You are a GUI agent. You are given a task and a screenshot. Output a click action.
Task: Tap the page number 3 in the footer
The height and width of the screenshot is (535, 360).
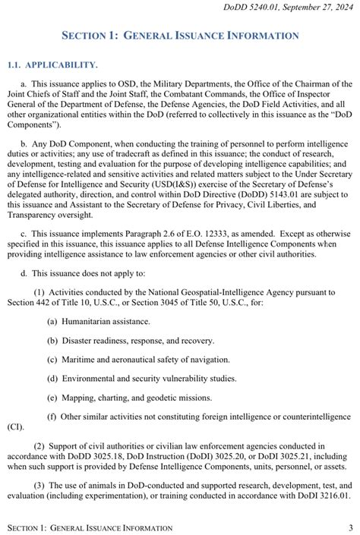350,527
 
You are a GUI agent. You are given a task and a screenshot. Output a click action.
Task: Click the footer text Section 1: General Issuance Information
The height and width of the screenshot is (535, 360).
89,527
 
